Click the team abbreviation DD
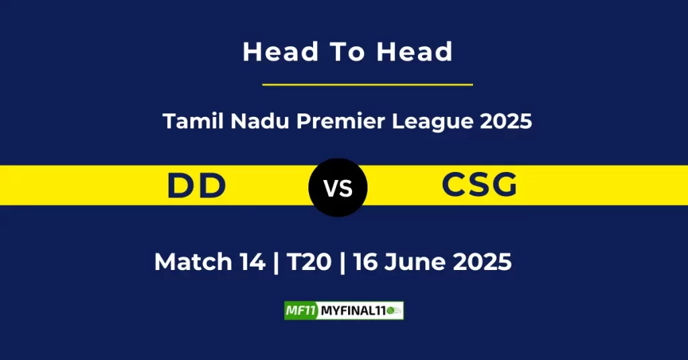click(x=196, y=185)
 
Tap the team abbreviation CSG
click(x=480, y=185)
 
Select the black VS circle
click(x=338, y=187)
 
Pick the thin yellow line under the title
click(x=367, y=85)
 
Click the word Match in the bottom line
click(x=192, y=261)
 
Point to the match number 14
click(x=251, y=261)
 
